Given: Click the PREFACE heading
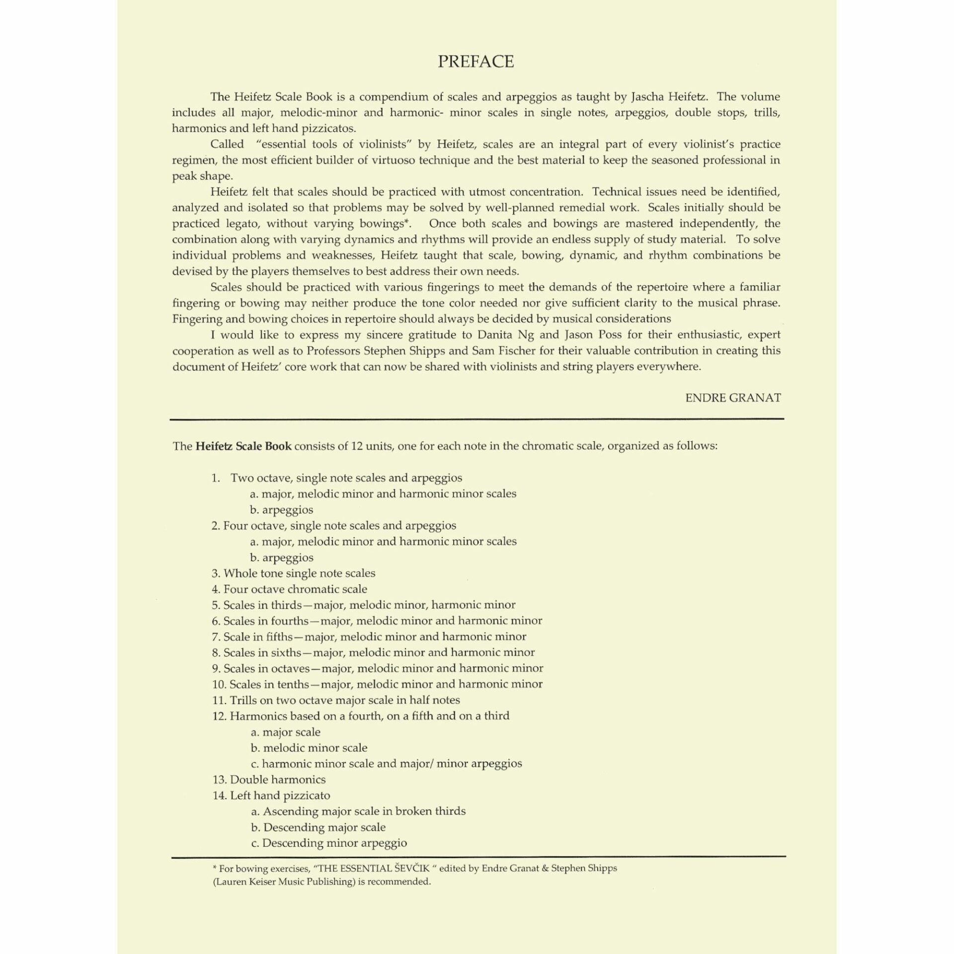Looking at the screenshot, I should pyautogui.click(x=476, y=62).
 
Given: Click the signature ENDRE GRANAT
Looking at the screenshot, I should pyautogui.click(x=733, y=398).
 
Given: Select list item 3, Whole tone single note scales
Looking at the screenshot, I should pyautogui.click(x=294, y=573).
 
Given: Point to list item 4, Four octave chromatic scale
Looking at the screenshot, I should pyautogui.click(x=290, y=589).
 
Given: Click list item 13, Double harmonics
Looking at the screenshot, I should pyautogui.click(x=269, y=780).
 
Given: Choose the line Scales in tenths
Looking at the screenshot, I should pyautogui.click(x=377, y=684).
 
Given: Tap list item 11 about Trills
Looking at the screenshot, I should pyautogui.click(x=336, y=700).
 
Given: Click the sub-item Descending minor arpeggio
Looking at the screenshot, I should pyautogui.click(x=329, y=843).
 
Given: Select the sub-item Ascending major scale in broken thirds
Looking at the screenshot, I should pyautogui.click(x=358, y=811).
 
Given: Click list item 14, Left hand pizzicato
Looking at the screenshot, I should pyautogui.click(x=272, y=795).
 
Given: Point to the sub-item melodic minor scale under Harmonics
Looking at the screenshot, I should pyautogui.click(x=309, y=748).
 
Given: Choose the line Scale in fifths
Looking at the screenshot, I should pyautogui.click(x=369, y=636).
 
